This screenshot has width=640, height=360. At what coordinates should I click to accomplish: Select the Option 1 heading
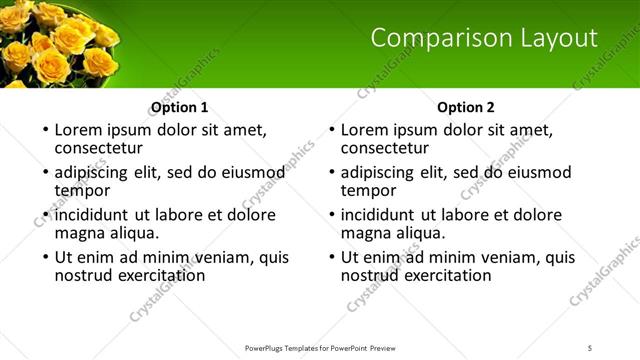point(179,107)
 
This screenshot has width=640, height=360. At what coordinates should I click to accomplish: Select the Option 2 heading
point(466,107)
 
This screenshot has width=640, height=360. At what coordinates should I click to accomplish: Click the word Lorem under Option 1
point(79,129)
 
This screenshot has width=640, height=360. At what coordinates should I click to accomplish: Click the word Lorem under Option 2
point(365,129)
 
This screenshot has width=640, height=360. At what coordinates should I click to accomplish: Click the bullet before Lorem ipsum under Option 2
point(330,131)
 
